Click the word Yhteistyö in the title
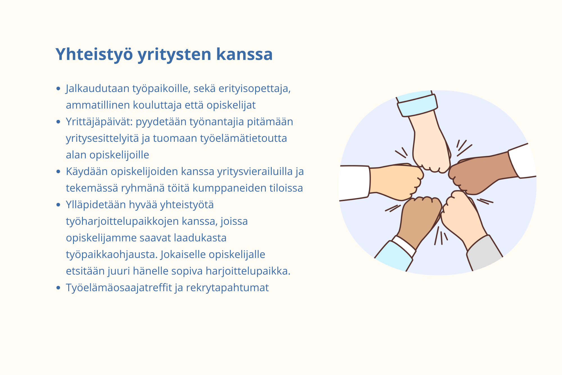coord(94,54)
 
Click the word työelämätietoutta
coord(244,138)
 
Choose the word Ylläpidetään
coord(96,205)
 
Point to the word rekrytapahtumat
coord(227,288)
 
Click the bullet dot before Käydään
coord(58,172)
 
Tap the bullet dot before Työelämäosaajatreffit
coord(58,288)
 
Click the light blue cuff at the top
coord(417,105)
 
